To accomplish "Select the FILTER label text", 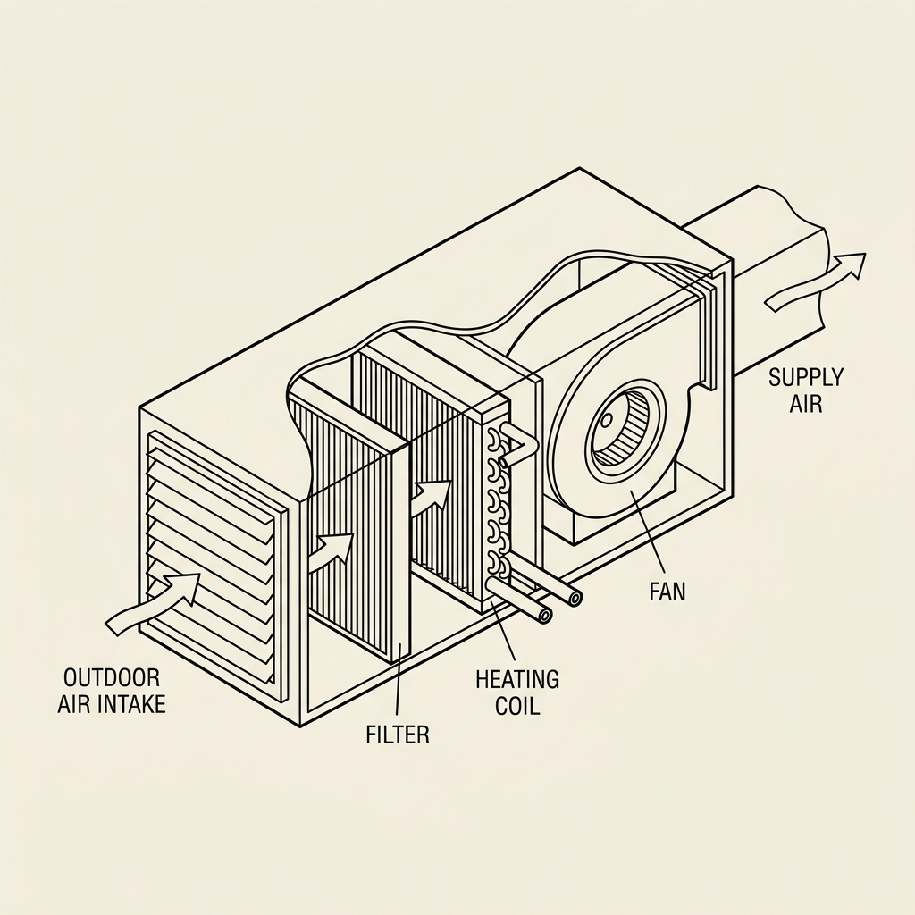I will [x=398, y=735].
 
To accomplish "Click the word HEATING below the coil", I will [x=517, y=679].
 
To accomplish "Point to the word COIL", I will [x=518, y=705].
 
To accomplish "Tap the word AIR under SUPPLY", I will [x=805, y=404].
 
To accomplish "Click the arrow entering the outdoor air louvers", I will [x=153, y=603].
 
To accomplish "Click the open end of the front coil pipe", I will [x=542, y=617].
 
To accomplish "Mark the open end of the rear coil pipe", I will [x=572, y=599].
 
